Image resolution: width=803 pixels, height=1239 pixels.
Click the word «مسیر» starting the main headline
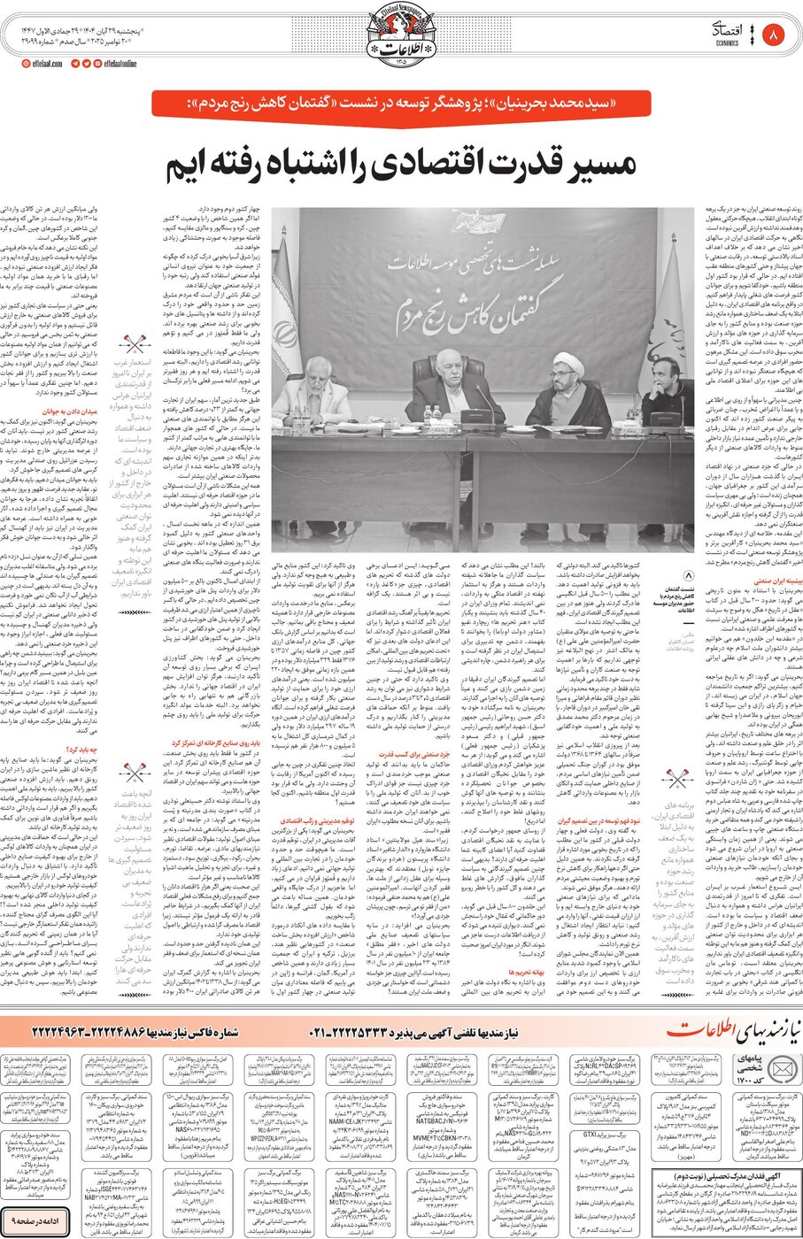593,165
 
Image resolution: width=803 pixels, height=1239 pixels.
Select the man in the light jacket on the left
314,389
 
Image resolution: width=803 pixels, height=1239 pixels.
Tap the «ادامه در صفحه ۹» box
35,1220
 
